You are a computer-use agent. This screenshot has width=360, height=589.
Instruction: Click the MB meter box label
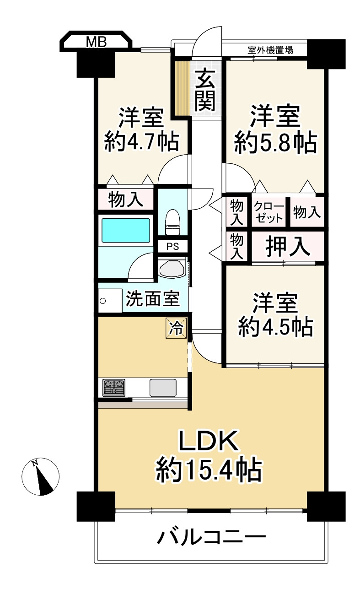point(97,43)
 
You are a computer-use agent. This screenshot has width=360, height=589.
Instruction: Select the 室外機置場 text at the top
point(270,50)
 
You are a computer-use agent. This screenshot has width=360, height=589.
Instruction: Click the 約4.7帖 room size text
point(141,142)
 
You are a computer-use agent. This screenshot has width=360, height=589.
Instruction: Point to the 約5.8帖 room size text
point(275,143)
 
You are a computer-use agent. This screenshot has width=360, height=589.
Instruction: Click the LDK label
point(209,442)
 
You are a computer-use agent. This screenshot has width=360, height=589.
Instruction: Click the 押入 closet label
point(288,247)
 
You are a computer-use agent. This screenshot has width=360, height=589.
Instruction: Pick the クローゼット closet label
point(269,212)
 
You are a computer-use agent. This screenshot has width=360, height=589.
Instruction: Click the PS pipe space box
point(172,246)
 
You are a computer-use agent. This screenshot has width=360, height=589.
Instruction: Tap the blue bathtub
point(125,231)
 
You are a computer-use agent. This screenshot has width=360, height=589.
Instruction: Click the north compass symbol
point(41,476)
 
